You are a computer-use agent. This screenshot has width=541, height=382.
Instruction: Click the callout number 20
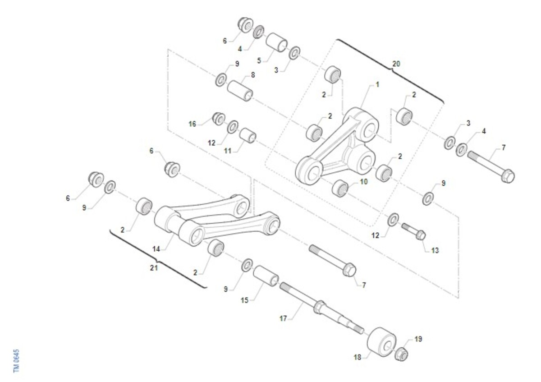[x=396, y=64]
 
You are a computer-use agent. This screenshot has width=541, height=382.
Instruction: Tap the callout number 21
[x=154, y=268]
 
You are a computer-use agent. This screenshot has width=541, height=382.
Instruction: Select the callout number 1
[x=377, y=85]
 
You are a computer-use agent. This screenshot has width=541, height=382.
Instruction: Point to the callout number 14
[x=156, y=249]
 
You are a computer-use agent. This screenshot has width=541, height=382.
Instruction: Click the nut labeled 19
[x=401, y=354]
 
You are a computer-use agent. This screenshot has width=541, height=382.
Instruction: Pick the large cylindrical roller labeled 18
[x=381, y=342]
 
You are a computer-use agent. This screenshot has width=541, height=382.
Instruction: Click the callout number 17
[x=283, y=319]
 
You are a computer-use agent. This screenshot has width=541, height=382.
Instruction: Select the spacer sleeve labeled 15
[x=266, y=276]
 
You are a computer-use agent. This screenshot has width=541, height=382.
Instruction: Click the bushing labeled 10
[x=340, y=189]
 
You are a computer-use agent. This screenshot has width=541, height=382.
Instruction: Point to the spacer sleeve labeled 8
[x=240, y=91]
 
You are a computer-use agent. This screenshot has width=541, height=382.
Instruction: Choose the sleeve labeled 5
[x=276, y=42]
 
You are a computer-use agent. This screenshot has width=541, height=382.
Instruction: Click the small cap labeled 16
[x=219, y=119]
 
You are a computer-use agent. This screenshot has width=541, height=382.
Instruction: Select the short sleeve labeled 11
[x=248, y=135]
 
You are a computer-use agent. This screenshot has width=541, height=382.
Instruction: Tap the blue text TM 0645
[x=16, y=361]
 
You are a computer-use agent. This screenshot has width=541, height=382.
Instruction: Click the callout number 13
[x=435, y=251]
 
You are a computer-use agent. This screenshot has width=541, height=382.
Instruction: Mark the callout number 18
[x=358, y=357]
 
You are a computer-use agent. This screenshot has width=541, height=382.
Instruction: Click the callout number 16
[x=192, y=124]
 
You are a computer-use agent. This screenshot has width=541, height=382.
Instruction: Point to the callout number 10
[x=364, y=182]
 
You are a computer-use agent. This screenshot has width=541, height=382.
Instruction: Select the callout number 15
[x=245, y=300]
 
